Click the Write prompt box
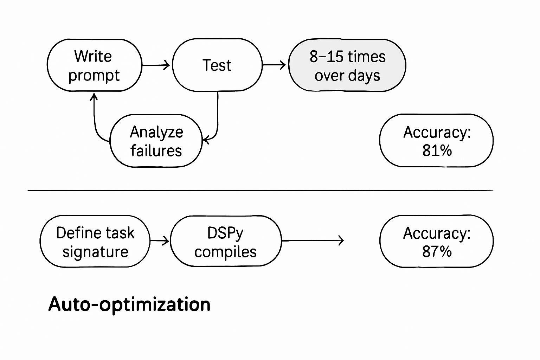click(94, 65)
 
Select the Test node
click(217, 65)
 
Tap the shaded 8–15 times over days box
click(347, 65)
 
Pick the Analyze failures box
click(156, 141)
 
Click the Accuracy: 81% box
click(436, 141)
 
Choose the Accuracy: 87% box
click(436, 242)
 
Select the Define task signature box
click(95, 242)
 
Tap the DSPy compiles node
click(225, 242)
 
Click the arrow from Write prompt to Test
click(156, 65)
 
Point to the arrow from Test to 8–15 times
click(274, 65)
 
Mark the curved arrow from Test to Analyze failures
click(217, 120)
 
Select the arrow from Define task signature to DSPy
click(160, 241)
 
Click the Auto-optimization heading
click(129, 304)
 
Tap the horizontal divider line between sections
click(260, 191)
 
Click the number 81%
click(437, 151)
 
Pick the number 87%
click(437, 252)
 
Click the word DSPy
click(225, 233)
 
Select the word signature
click(95, 252)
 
